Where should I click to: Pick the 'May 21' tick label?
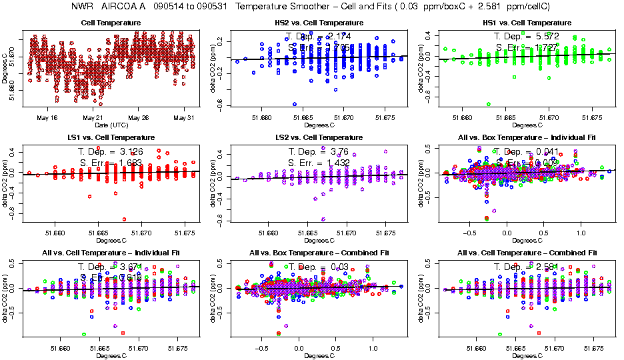click(93, 117)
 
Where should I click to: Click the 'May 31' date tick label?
click(182, 117)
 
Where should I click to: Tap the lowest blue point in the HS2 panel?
click(294, 104)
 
